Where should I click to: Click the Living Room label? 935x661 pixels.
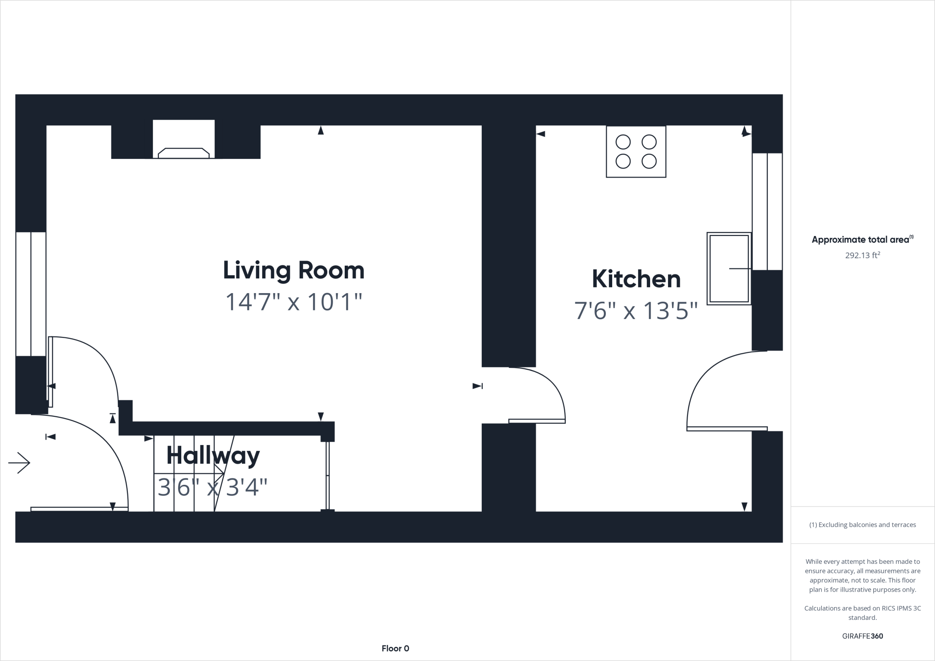[x=294, y=270]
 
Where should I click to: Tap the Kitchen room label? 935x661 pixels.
[x=636, y=279]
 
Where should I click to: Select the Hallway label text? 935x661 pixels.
[x=213, y=455]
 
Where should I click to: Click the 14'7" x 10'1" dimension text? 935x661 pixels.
[x=294, y=302]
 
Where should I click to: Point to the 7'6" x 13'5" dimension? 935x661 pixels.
[x=636, y=311]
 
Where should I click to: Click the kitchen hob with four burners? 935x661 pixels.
[x=636, y=152]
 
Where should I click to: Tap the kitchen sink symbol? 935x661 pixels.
[x=729, y=268]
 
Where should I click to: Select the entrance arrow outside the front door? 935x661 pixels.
[x=19, y=463]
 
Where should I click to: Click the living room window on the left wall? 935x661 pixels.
[x=31, y=294]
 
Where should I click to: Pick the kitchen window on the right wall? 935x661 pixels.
[x=767, y=211]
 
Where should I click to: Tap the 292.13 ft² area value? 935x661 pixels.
[x=862, y=256]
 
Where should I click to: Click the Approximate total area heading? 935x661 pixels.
[x=862, y=240]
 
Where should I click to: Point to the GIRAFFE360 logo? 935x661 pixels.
[x=862, y=636]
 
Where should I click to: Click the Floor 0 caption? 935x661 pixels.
[x=395, y=648]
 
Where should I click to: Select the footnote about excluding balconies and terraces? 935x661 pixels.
[x=862, y=525]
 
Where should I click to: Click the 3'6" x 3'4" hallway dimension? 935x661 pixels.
[x=212, y=488]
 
